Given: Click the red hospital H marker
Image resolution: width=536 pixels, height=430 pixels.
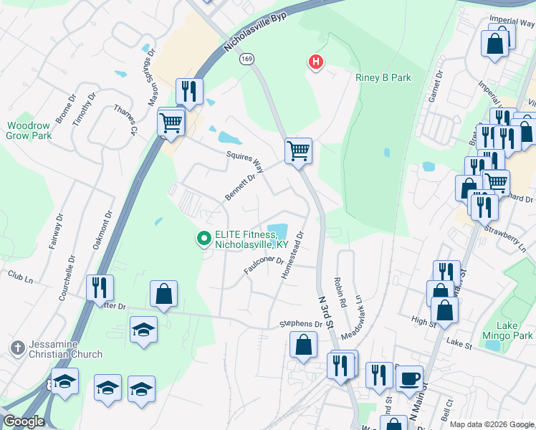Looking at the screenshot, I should tap(315, 62).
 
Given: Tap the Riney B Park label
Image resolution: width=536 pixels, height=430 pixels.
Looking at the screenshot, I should tap(383, 77).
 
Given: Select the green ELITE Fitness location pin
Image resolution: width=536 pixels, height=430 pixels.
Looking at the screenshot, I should tap(204, 238).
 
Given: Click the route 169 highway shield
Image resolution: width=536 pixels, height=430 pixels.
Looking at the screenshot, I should tap(247, 59).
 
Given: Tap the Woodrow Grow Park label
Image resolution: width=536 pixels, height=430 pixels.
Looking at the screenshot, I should tap(29, 130).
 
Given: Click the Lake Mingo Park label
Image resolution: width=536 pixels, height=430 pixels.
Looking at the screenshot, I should tap(515, 330).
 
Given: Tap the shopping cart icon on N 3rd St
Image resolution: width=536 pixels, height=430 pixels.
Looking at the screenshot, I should tap(298, 150).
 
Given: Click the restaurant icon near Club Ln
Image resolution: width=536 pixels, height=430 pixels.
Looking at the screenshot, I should tap(100, 287).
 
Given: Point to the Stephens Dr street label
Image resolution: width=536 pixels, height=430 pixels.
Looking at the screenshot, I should tap(300, 324).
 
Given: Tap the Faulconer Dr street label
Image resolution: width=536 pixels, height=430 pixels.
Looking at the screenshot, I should tap(264, 265).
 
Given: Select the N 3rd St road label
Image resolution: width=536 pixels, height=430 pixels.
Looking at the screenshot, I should tap(325, 313).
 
